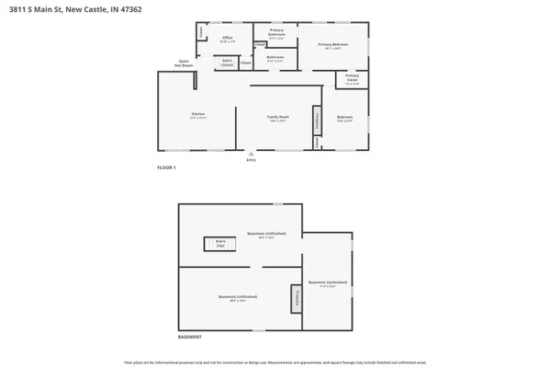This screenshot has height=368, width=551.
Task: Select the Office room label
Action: point(228,39)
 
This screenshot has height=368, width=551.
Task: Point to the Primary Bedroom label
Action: point(333,45)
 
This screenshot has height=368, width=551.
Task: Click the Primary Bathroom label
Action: point(276,32)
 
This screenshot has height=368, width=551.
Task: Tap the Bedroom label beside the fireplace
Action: point(345,118)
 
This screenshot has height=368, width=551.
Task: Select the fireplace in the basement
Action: point(296,298)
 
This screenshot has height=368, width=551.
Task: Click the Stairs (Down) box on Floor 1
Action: point(227,63)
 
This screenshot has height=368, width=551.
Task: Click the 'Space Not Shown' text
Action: point(185,63)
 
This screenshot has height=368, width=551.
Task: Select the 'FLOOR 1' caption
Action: point(166,167)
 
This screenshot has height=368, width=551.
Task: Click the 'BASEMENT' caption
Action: point(189,339)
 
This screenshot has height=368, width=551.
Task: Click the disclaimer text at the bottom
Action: point(275,362)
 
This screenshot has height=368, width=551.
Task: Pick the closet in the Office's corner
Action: point(200,31)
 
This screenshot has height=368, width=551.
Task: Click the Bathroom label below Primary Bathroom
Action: point(275,58)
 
